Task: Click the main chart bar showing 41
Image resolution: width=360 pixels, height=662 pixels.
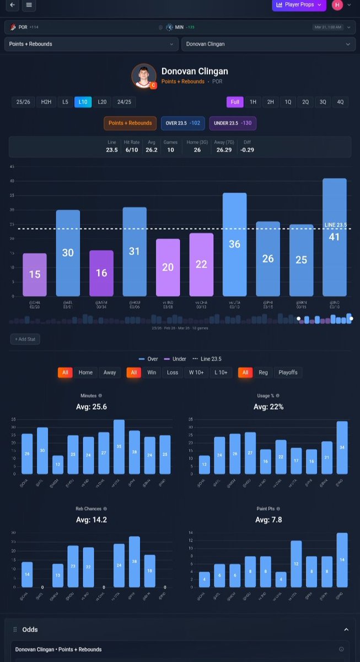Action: click(335, 237)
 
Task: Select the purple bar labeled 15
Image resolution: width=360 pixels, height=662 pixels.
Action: click(35, 275)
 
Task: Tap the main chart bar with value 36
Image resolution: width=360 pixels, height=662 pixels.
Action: click(234, 244)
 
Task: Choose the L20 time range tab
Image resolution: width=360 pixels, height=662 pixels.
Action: click(102, 102)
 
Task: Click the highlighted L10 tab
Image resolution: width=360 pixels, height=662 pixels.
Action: click(83, 102)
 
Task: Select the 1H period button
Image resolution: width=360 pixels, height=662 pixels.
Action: click(252, 102)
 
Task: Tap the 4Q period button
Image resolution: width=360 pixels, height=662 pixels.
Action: click(340, 102)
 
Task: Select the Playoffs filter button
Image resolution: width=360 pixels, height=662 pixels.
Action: click(287, 372)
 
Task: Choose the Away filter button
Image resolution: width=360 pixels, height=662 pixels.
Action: click(110, 372)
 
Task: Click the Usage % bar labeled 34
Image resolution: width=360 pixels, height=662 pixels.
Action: click(342, 447)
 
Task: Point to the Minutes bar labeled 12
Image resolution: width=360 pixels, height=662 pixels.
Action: click(58, 465)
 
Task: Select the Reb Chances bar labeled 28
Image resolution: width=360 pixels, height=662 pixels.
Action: click(135, 562)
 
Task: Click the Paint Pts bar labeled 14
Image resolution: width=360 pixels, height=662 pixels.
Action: click(342, 560)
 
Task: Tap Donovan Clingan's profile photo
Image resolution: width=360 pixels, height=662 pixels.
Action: click(143, 76)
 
